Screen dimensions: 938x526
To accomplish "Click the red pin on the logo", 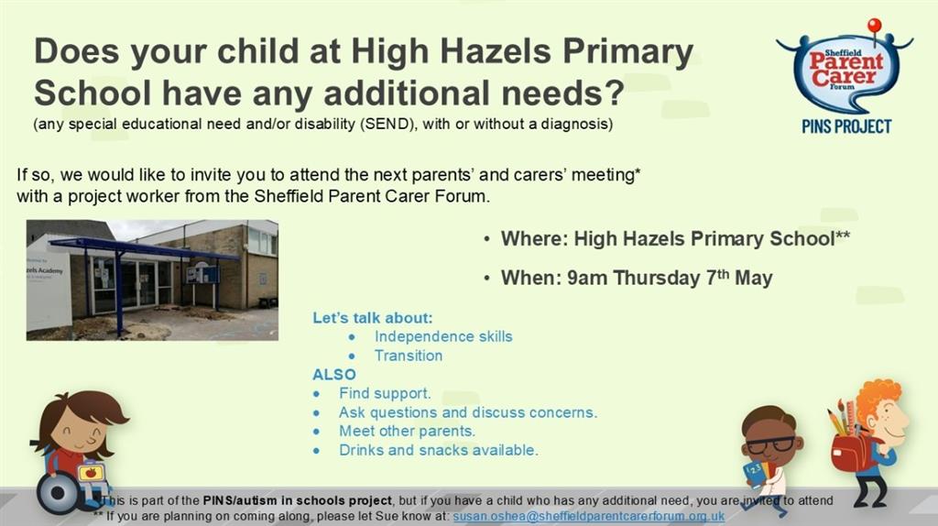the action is pyautogui.click(x=875, y=25).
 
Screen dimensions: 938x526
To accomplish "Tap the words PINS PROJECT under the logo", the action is pyautogui.click(x=846, y=126).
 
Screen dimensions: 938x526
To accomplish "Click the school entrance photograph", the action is pyautogui.click(x=152, y=280).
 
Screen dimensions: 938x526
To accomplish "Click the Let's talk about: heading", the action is pyautogui.click(x=372, y=318).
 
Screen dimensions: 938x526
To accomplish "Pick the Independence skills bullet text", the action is pyautogui.click(x=443, y=336).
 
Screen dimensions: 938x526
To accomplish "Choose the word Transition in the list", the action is pyautogui.click(x=409, y=356).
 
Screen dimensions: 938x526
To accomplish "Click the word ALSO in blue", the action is pyautogui.click(x=333, y=375).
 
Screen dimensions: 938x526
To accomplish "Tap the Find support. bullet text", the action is pyautogui.click(x=385, y=393).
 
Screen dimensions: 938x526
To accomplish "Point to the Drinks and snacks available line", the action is pyautogui.click(x=439, y=450).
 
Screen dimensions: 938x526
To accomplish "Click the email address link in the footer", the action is pyautogui.click(x=589, y=516).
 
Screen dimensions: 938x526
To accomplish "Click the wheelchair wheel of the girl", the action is pyautogui.click(x=58, y=493).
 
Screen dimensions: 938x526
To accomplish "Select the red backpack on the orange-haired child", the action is pyautogui.click(x=849, y=452).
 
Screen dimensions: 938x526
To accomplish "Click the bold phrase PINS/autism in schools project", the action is pyautogui.click(x=298, y=501).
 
